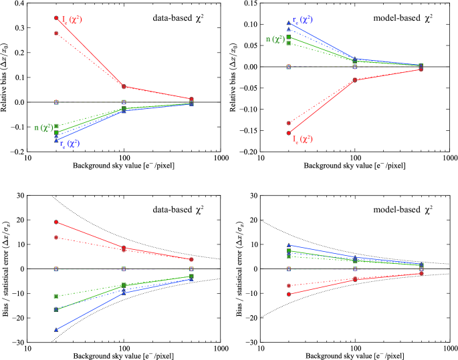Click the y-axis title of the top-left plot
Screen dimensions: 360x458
[6, 77]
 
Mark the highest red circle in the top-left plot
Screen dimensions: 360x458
[56, 17]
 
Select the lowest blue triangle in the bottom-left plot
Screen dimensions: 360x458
[56, 329]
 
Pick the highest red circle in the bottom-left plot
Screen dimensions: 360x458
[56, 222]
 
